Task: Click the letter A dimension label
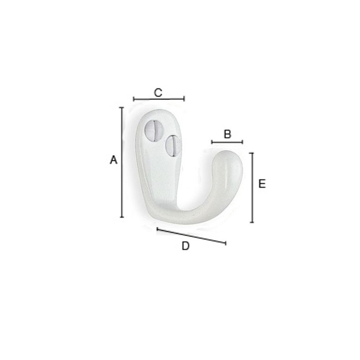[113, 160]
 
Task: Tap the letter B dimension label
[227, 134]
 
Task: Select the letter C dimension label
[158, 93]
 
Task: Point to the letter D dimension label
[185, 246]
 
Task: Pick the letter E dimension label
[262, 184]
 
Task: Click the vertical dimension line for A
[122, 162]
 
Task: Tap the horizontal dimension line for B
[227, 142]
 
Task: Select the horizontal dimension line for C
[159, 99]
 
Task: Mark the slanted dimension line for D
[192, 236]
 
